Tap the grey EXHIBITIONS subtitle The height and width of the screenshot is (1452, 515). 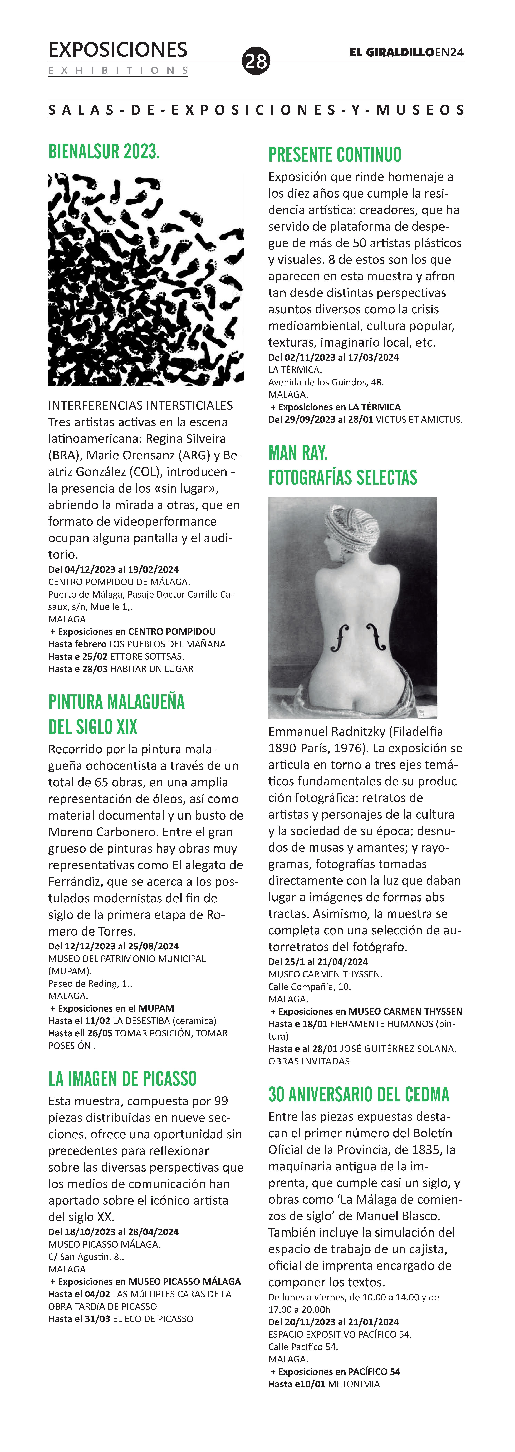(118, 70)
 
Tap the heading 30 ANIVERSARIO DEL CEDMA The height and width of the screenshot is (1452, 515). (359, 1094)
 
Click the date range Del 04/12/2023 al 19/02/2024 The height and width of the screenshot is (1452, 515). (113, 569)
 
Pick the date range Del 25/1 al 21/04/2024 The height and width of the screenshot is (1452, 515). (318, 962)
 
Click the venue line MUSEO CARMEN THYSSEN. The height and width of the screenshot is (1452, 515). (325, 974)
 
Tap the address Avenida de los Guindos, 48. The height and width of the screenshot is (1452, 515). (326, 382)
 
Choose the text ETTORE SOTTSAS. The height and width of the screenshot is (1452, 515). (147, 656)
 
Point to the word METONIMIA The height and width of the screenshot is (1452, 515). (354, 1384)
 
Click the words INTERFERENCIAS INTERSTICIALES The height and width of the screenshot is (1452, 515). (140, 405)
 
